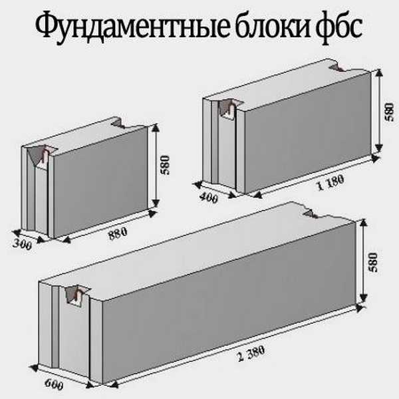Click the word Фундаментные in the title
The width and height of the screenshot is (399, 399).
132,27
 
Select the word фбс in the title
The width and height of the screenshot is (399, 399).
338,27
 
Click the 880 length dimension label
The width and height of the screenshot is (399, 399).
118,233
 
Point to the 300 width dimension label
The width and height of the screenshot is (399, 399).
23,245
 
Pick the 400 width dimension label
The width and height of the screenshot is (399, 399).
208,198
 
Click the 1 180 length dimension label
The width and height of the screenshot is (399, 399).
331,182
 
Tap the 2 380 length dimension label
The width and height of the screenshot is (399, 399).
251,354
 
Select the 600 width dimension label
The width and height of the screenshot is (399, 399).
54,384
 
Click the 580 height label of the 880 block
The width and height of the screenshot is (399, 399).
165,165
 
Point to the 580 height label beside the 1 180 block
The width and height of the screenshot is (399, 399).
389,112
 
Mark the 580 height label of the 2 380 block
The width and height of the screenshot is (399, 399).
373,263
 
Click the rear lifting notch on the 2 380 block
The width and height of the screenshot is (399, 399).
310,213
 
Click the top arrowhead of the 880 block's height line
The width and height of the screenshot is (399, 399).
155,127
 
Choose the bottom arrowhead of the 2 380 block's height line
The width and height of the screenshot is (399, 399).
364,298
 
